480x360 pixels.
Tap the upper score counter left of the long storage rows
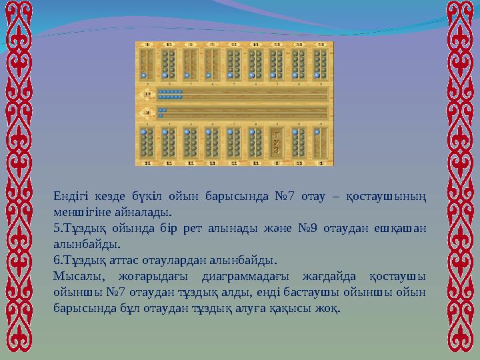(x=147, y=94)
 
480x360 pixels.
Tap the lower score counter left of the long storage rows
(x=147, y=112)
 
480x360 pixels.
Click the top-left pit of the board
(x=147, y=63)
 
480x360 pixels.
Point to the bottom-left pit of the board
(x=147, y=143)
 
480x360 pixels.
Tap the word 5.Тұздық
(x=78, y=229)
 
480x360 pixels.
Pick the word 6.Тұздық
(x=79, y=260)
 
